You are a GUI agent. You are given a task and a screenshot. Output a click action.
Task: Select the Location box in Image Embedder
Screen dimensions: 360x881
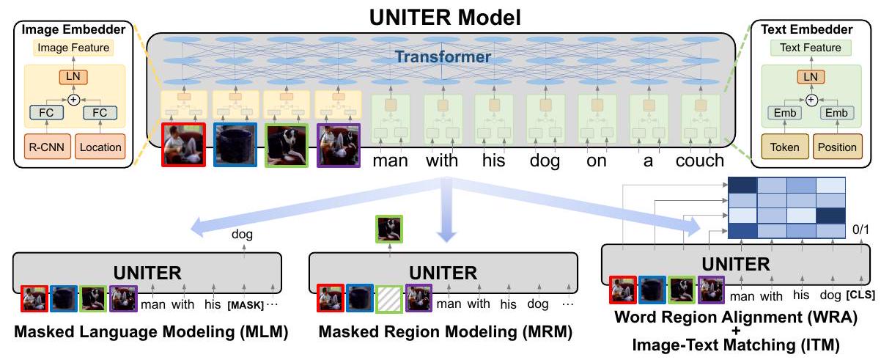(x=100, y=147)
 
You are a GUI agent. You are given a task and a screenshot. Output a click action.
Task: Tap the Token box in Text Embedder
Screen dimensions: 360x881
(x=782, y=147)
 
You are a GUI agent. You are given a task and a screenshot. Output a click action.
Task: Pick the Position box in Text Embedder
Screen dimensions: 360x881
(x=837, y=147)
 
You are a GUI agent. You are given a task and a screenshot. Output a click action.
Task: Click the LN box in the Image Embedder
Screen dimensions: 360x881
(x=73, y=76)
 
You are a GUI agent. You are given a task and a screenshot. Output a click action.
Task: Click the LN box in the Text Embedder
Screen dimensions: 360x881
(x=810, y=76)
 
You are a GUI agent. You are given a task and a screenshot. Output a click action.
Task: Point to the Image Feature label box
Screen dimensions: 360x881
(x=73, y=48)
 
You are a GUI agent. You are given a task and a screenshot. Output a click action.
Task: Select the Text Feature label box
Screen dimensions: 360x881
(x=810, y=48)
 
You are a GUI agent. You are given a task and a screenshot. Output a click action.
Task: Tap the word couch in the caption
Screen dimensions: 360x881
(x=700, y=160)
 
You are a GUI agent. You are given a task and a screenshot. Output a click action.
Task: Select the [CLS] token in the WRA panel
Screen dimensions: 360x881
(x=860, y=295)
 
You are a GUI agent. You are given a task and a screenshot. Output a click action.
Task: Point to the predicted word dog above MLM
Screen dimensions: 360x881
(x=243, y=236)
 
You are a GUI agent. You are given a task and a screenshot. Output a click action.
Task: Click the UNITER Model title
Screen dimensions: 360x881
(x=440, y=16)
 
